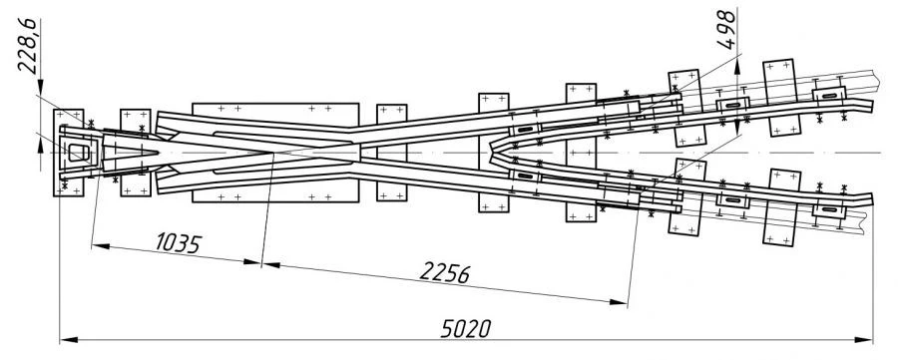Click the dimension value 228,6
[29, 45]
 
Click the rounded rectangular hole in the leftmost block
[76, 152]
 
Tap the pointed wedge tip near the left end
[159, 152]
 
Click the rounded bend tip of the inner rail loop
[493, 152]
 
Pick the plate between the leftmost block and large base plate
[135, 152]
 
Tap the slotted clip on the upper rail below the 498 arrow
[734, 105]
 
